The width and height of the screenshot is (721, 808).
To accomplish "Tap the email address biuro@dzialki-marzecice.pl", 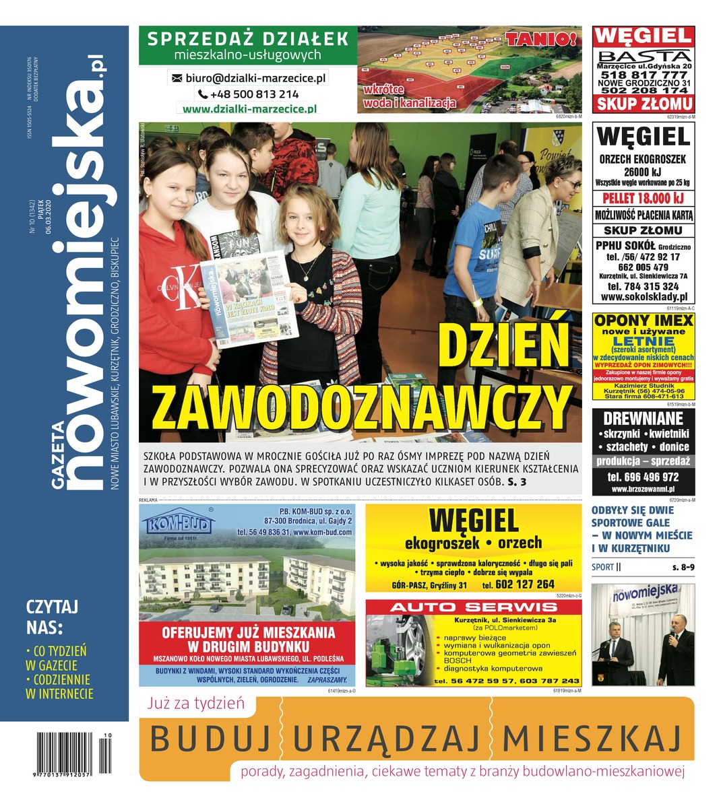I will click(x=248, y=78).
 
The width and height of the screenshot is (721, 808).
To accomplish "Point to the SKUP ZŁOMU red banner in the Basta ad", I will click(x=644, y=104).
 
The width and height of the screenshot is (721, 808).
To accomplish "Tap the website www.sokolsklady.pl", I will click(x=644, y=297).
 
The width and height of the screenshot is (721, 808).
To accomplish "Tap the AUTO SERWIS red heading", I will click(x=474, y=607).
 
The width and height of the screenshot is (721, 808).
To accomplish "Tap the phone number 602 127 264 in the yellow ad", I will click(x=524, y=584).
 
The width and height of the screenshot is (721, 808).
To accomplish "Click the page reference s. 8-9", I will click(x=682, y=568).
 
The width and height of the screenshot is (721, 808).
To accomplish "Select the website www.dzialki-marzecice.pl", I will click(x=249, y=109).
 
